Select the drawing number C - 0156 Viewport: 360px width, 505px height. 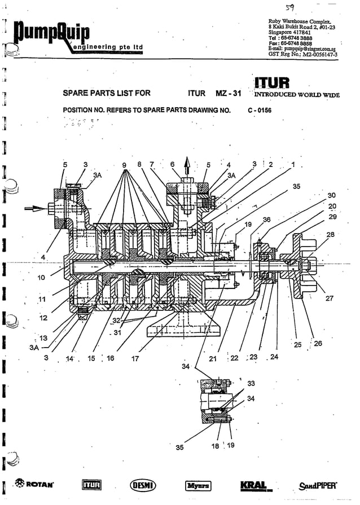coord(260,111)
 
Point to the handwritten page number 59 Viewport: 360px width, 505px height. coord(291,7)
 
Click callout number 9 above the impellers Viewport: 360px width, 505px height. coord(124,165)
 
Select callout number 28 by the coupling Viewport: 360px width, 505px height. coord(330,234)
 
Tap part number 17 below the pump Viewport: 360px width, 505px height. coord(135,358)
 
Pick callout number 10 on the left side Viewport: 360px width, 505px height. coord(41,278)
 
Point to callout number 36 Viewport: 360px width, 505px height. coord(266,219)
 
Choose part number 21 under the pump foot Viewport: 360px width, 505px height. coord(213,358)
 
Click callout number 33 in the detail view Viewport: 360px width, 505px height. coord(251,383)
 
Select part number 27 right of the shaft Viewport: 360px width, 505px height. coord(330,299)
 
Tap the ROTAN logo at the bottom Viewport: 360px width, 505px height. coord(36,485)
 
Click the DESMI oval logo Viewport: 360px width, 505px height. coord(143,485)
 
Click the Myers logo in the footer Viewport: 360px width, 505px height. coord(198,485)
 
